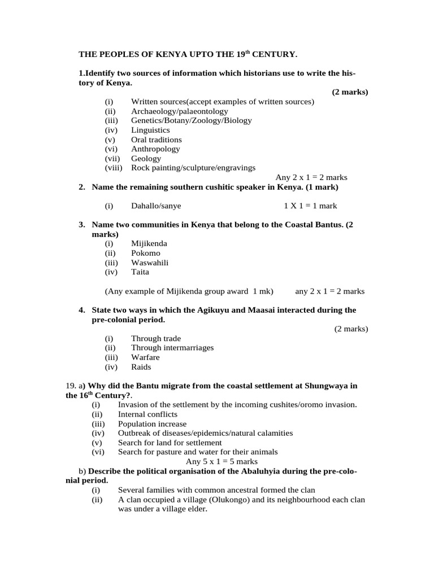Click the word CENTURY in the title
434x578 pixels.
click(x=277, y=54)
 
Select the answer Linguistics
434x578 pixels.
click(x=150, y=130)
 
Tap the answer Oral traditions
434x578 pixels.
click(x=157, y=139)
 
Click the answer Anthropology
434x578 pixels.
click(x=155, y=149)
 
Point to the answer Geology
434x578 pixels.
click(x=146, y=159)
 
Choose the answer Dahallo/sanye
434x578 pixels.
click(x=156, y=206)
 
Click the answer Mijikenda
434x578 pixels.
click(x=149, y=244)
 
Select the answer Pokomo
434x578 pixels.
click(x=146, y=253)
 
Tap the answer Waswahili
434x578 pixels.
click(x=150, y=262)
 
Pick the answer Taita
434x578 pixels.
click(x=140, y=272)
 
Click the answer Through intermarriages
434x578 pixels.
click(x=172, y=348)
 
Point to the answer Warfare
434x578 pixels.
click(x=145, y=357)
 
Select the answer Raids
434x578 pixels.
click(x=141, y=367)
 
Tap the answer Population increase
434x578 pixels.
click(x=152, y=424)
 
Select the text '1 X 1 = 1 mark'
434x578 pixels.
click(x=310, y=206)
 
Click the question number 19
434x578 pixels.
click(x=72, y=386)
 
